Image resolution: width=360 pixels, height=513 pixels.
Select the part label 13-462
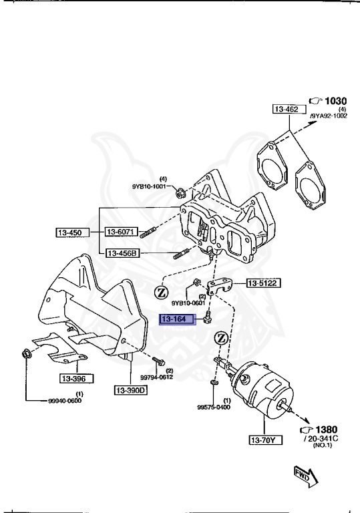click(288, 109)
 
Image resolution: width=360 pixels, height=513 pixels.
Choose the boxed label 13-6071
click(120, 232)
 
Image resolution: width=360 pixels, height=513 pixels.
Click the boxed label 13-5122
click(263, 283)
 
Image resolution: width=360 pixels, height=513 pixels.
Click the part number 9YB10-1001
click(151, 187)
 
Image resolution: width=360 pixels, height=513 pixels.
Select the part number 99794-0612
click(158, 377)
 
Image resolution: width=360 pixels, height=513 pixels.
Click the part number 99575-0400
click(214, 407)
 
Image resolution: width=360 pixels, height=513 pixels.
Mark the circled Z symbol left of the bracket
click(161, 292)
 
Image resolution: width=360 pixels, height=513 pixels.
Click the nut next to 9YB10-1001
click(180, 194)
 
